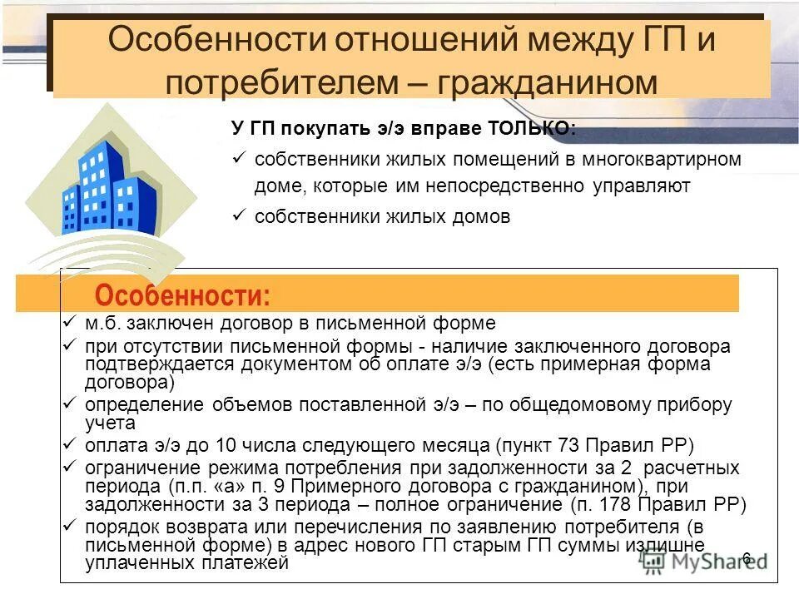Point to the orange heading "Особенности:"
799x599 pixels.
click(182, 295)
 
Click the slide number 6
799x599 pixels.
click(746, 557)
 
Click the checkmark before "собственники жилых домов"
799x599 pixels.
click(237, 215)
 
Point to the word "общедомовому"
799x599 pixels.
click(588, 405)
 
